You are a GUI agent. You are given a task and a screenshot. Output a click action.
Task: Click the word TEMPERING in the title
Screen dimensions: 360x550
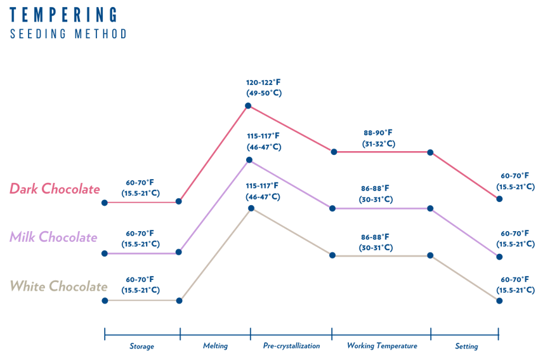[x=63, y=15]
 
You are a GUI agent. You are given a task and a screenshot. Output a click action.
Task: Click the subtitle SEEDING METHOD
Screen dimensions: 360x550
[x=69, y=34]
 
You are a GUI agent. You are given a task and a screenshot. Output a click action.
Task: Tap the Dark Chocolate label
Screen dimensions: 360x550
[x=55, y=189]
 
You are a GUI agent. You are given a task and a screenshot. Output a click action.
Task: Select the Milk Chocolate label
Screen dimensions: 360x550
[x=53, y=237]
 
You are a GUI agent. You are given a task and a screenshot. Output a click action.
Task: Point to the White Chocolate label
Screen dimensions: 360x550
[x=58, y=286]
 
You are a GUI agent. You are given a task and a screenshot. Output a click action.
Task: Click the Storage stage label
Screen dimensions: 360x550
[x=141, y=347]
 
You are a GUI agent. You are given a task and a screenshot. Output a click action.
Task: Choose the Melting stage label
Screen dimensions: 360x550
[x=215, y=347]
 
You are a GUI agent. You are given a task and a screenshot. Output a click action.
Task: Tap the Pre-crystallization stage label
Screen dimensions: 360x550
[x=291, y=347]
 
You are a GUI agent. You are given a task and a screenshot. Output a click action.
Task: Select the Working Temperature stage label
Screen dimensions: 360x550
[x=381, y=347]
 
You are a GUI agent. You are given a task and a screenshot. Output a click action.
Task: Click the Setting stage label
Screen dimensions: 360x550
[x=466, y=347]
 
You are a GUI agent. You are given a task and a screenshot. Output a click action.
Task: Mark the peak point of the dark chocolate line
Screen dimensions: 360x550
[x=249, y=105]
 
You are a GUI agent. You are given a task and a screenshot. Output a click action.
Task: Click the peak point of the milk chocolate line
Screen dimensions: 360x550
[x=249, y=160]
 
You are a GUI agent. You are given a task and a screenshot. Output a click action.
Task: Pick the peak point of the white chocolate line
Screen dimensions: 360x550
[x=251, y=208]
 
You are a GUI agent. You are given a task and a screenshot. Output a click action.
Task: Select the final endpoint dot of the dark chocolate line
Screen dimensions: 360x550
[x=499, y=199]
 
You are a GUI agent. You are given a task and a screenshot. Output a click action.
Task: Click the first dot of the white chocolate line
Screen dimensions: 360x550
[x=105, y=300]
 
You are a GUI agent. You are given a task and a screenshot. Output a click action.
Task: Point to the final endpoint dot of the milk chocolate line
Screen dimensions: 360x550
[x=499, y=257]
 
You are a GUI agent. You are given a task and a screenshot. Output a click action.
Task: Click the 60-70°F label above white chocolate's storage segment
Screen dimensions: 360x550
[x=140, y=279]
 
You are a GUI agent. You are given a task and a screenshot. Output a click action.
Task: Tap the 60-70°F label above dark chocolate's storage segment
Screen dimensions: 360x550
[x=140, y=182]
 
